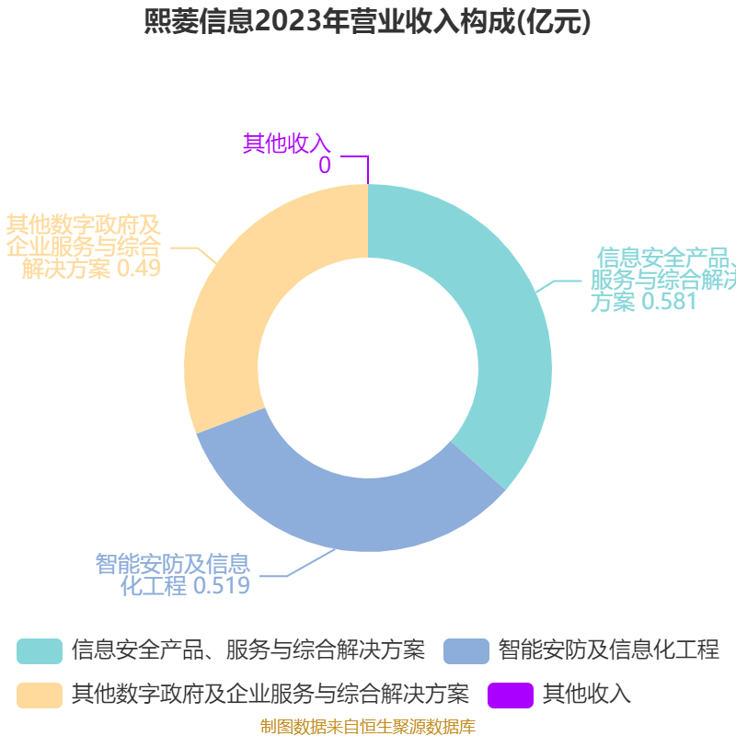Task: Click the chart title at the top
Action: pos(367,21)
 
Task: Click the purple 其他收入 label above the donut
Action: pos(287,144)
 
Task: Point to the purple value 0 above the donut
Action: pos(325,166)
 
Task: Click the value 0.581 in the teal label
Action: pos(669,302)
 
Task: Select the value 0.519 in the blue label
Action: pos(222,586)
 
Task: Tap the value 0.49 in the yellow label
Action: pos(139,269)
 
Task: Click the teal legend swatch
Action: pos(40,651)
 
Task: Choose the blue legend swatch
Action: pos(466,651)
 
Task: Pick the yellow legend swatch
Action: pos(40,696)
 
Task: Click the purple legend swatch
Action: pos(511,696)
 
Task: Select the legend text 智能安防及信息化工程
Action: pos(609,650)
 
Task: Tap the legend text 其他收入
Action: pos(587,695)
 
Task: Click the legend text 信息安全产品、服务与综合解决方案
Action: pos(248,650)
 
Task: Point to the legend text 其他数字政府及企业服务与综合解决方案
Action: pos(270,695)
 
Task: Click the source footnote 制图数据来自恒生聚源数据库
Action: pos(368,727)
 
